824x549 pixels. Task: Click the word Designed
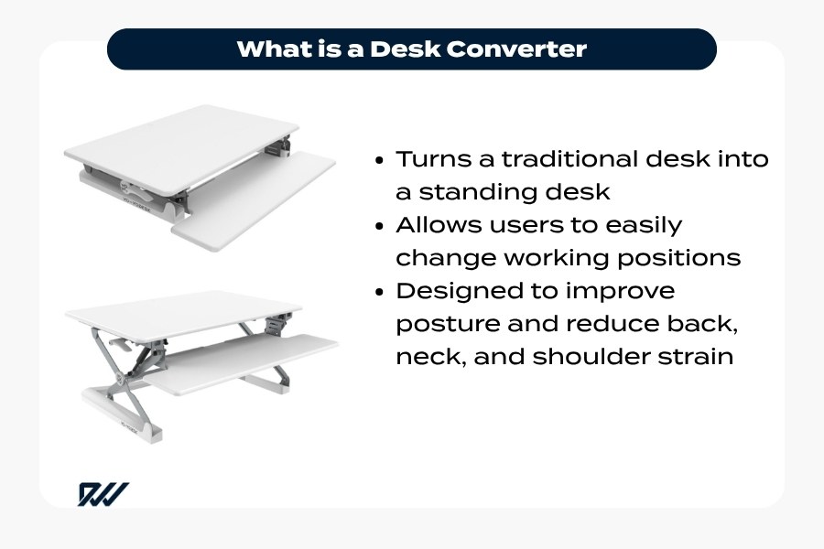[x=456, y=291]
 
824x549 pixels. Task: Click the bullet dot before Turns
[x=380, y=160]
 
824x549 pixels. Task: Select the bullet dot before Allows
[x=380, y=226]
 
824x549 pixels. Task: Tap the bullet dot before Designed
[x=380, y=292]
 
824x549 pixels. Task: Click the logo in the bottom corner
[x=103, y=493]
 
